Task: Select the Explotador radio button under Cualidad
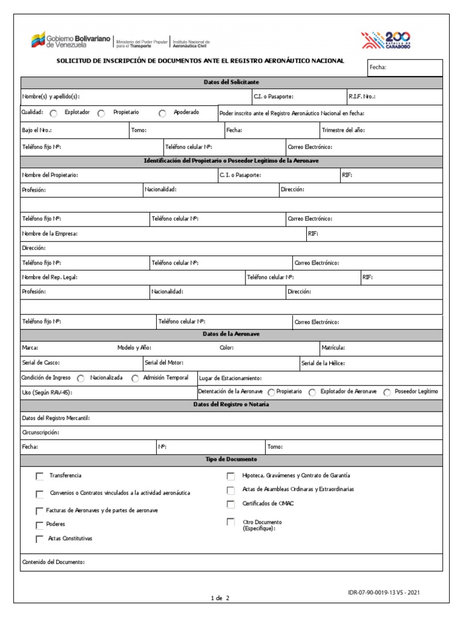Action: tap(54, 113)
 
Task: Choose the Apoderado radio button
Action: tap(163, 113)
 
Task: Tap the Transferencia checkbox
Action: tap(40, 476)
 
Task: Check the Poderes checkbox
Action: tap(40, 525)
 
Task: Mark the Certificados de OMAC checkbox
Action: tap(230, 504)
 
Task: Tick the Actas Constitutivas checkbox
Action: tap(40, 539)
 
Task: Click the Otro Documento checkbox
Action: tap(230, 522)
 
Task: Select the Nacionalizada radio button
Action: tap(81, 378)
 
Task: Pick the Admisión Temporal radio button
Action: tap(135, 378)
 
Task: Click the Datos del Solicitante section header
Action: tap(231, 82)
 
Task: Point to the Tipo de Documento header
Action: tap(231, 459)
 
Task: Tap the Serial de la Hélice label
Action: tap(323, 363)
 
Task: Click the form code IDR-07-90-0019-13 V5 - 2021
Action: tap(383, 592)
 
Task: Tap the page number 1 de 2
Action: tap(219, 598)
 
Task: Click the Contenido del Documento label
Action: tap(53, 562)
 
